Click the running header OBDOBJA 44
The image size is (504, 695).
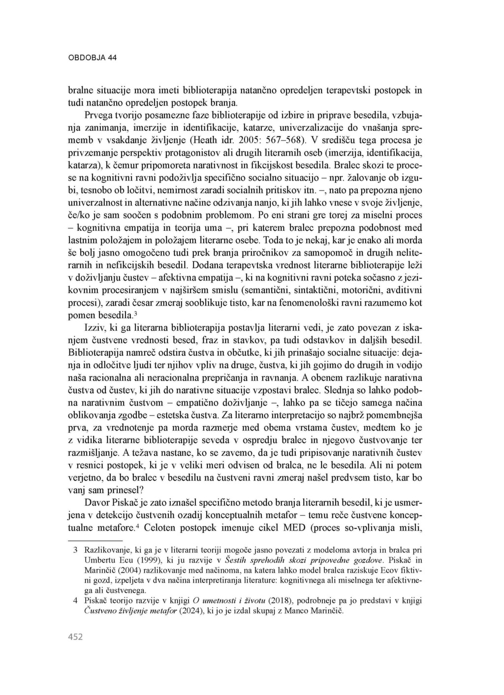point(92,58)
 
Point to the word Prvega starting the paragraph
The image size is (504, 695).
point(98,116)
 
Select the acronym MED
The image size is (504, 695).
point(294,529)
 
